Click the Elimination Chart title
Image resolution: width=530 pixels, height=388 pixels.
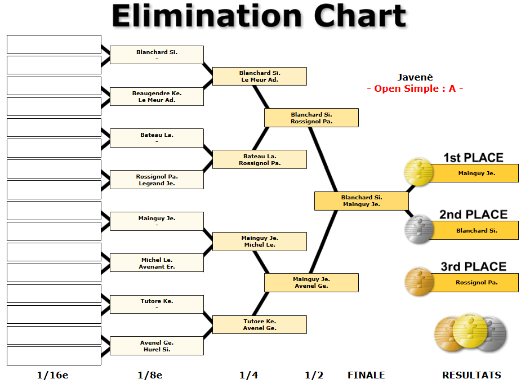point(259,16)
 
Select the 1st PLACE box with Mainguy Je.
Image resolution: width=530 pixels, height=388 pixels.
point(476,173)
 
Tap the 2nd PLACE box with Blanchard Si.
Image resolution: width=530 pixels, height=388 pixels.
point(476,230)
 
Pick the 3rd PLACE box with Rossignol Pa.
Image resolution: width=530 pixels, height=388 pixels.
point(476,283)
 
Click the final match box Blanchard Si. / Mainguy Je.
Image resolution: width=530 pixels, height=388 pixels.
point(361,201)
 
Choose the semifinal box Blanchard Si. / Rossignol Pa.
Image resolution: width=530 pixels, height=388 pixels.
point(311,118)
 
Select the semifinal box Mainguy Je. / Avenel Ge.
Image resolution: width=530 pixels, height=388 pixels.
point(311,283)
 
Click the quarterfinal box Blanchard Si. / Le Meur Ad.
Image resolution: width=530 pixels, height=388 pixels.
point(259,76)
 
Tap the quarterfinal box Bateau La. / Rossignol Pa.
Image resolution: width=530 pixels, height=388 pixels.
point(259,159)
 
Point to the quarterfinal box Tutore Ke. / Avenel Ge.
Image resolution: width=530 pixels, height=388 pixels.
point(259,324)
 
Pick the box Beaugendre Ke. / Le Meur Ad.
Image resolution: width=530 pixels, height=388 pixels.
point(157,96)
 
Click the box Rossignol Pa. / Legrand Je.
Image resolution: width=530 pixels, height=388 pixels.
point(157,180)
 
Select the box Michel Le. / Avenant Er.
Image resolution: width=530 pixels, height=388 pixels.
point(157,263)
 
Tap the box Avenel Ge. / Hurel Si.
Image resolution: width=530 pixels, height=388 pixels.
point(157,346)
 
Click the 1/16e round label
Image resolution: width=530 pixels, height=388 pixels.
point(52,375)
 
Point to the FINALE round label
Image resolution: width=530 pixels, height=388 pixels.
point(366,375)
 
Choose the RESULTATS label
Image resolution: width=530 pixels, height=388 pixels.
point(471,375)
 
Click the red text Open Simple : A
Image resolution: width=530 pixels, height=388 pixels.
point(415,88)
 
